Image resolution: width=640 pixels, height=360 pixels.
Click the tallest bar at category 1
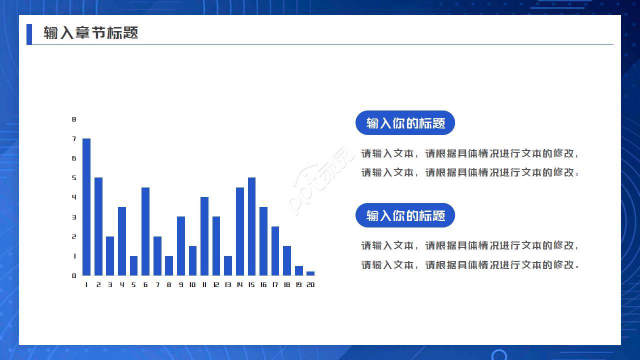point(86,207)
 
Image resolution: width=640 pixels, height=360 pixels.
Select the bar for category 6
point(145,231)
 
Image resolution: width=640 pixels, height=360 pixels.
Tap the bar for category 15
point(251,226)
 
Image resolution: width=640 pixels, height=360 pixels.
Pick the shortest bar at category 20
point(310,273)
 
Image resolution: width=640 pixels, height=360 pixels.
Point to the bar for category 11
point(204,236)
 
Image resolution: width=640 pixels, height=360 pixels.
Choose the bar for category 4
point(122,241)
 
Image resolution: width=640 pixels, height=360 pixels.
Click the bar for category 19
point(299,270)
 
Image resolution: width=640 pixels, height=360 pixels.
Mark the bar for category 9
point(181,246)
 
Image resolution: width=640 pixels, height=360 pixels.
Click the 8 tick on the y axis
point(74,119)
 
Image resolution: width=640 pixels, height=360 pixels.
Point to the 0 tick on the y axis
point(74,275)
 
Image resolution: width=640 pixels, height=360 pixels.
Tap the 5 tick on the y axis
point(74,177)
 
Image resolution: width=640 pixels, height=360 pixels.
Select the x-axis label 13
point(228,285)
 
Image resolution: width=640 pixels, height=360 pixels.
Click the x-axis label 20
point(310,285)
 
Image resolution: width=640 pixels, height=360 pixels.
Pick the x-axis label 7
point(157,285)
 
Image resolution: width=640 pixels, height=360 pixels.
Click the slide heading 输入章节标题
point(91,33)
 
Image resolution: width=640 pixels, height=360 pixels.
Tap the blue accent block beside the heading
point(29,34)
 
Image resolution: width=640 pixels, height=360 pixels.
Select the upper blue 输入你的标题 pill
point(405,123)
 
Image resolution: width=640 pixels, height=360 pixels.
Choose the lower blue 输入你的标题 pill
point(405,215)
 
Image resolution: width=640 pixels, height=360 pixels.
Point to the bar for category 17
point(275,251)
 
